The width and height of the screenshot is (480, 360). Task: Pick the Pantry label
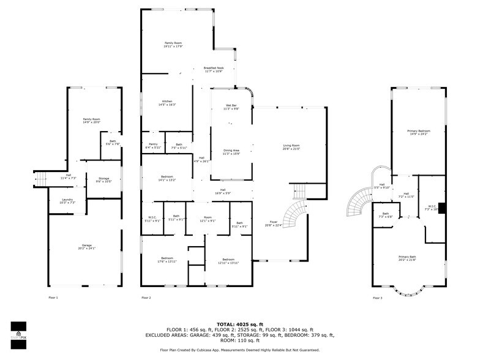(153, 146)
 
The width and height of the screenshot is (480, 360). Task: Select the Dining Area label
(231, 152)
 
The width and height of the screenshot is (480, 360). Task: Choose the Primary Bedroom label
(419, 132)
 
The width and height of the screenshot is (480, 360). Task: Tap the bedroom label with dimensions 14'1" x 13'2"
(167, 178)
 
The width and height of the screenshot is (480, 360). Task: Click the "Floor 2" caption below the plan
(146, 298)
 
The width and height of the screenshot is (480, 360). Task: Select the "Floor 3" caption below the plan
(377, 298)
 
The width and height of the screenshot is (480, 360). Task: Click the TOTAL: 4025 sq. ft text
(240, 324)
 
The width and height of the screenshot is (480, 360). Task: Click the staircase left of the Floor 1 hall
(41, 179)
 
